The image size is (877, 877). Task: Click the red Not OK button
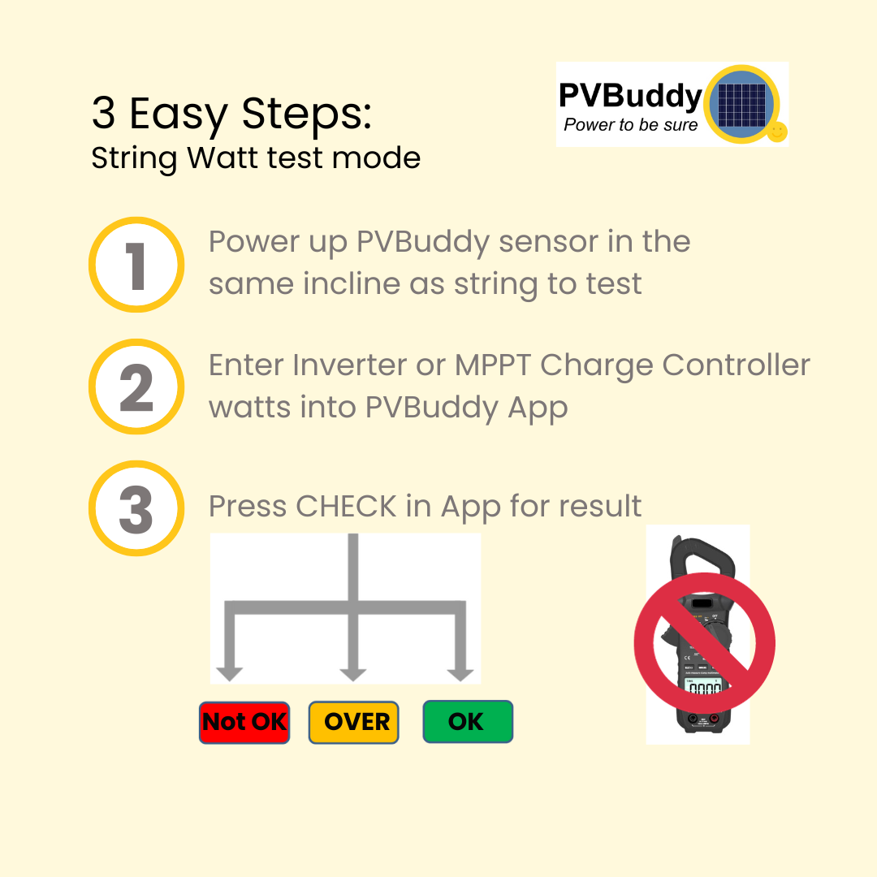[244, 722]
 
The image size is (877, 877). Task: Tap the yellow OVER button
[354, 722]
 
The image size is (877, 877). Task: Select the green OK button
[468, 722]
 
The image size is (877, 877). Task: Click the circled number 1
[136, 265]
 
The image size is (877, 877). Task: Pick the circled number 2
[136, 387]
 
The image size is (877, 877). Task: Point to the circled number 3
[136, 508]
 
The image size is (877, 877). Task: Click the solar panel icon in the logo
[741, 103]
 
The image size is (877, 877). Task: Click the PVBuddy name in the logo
[630, 97]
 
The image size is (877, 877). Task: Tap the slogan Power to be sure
[630, 125]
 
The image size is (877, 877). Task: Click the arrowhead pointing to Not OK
[230, 673]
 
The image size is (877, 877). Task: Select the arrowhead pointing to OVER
[352, 673]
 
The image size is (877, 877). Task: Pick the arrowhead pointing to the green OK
[460, 673]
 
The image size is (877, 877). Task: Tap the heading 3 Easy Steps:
[231, 113]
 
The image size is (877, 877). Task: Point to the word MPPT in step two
[494, 365]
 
